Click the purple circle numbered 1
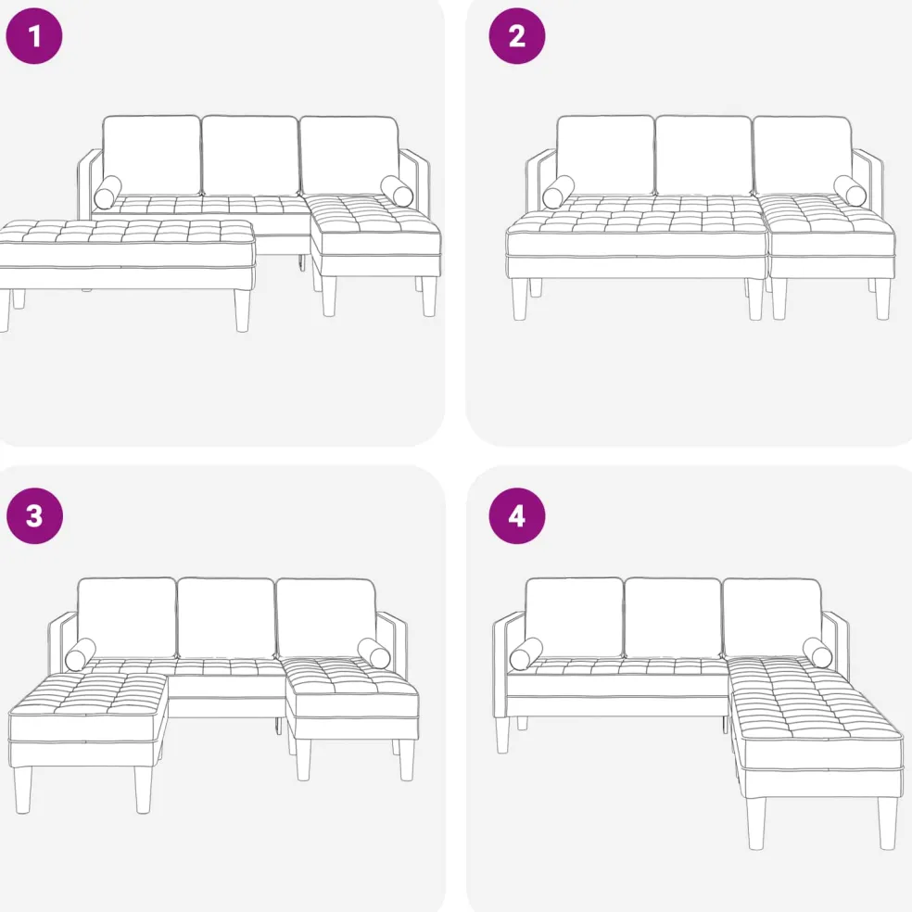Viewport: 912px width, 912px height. (x=33, y=36)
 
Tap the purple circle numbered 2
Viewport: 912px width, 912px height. (x=517, y=36)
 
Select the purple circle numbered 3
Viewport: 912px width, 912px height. (x=34, y=516)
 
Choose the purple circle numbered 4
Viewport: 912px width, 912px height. (x=517, y=516)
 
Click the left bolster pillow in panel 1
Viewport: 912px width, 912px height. (x=108, y=192)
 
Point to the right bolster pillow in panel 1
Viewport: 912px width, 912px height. (x=398, y=191)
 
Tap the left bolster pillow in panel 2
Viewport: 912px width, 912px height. (x=558, y=192)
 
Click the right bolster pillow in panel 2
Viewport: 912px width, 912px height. (x=850, y=190)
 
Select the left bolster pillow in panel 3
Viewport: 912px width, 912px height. (x=81, y=654)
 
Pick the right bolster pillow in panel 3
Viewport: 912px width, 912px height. (x=374, y=653)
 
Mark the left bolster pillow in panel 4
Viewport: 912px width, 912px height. (x=526, y=653)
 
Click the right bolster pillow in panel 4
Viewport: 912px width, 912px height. (x=817, y=652)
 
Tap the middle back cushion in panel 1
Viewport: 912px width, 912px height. (x=250, y=156)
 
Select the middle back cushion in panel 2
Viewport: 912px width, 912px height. (x=703, y=156)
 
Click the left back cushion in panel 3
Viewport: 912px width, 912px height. (x=126, y=617)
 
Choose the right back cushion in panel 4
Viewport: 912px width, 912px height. (x=772, y=617)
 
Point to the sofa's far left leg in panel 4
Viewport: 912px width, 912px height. (x=502, y=735)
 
